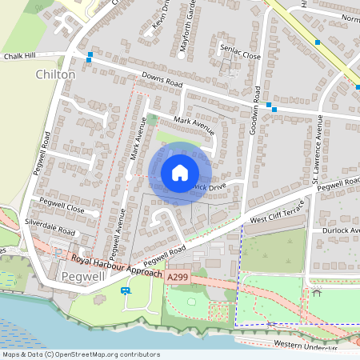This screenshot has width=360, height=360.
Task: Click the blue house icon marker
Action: coord(180,173)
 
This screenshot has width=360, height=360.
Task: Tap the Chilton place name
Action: coord(55,74)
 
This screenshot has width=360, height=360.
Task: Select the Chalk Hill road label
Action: coord(21,57)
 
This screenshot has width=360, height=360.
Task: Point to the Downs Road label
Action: coord(162,82)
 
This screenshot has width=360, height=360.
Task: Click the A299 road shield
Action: coord(177,276)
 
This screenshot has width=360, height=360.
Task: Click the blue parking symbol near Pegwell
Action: coord(125,291)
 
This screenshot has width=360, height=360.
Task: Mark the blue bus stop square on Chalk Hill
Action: coord(90,56)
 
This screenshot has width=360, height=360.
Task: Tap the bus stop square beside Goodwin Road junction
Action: coord(274,106)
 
